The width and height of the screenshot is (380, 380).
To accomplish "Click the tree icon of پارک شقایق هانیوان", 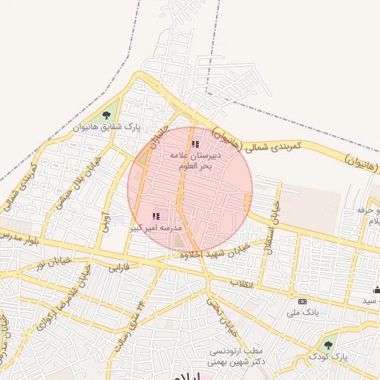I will click(106, 115).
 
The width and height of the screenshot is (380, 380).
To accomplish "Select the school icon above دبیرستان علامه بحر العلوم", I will click(195, 145).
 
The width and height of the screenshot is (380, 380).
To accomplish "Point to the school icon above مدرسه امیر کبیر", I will click(156, 215).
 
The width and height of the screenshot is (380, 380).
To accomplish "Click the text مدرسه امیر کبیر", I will click(156, 228).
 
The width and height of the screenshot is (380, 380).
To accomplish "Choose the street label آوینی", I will click(105, 220).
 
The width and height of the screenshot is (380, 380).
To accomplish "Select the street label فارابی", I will click(119, 266).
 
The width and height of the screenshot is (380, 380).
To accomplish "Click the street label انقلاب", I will click(243, 284).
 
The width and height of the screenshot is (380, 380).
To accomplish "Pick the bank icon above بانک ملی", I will click(301, 301).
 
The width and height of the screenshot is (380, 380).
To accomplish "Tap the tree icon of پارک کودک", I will click(328, 344).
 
